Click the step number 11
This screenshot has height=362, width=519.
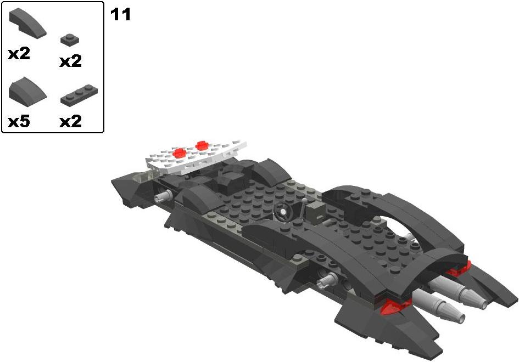pyautogui.click(x=120, y=15)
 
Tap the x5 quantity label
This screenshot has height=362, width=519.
pyautogui.click(x=19, y=122)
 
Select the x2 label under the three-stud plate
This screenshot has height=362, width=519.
pyautogui.click(x=70, y=122)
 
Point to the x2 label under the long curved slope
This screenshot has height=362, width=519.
pyautogui.click(x=19, y=54)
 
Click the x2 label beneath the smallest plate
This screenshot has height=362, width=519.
pyautogui.click(x=70, y=61)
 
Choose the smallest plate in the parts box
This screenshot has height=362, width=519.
pyautogui.click(x=70, y=39)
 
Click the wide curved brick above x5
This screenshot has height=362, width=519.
pyautogui.click(x=27, y=89)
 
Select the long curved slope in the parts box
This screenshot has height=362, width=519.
pyautogui.click(x=27, y=24)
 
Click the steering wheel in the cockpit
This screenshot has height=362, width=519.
pyautogui.click(x=283, y=212)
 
